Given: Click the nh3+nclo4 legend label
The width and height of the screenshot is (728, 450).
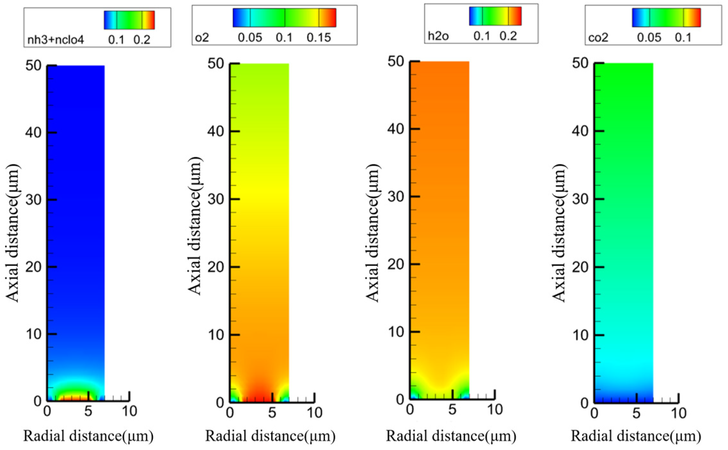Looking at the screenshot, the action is [x=56, y=40].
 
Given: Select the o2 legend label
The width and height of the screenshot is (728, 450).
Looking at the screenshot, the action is [x=202, y=38].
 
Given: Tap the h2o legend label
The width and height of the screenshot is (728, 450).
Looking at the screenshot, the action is [x=438, y=36].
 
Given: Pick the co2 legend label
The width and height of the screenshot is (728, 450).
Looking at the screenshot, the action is [x=598, y=38].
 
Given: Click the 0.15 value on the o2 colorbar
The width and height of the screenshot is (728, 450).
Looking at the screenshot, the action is [x=319, y=38].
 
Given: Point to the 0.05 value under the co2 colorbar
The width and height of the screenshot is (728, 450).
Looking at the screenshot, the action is [x=649, y=38].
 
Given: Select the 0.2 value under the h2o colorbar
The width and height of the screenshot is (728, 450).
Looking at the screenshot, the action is [x=508, y=36].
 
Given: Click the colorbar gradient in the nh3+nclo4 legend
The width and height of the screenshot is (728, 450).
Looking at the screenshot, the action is [x=129, y=20].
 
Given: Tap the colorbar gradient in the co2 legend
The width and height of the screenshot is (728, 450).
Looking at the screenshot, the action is [x=666, y=18].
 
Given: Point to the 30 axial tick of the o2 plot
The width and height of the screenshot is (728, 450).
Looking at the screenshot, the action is [x=216, y=199].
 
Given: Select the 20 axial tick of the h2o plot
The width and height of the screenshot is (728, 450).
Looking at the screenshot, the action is [x=396, y=264].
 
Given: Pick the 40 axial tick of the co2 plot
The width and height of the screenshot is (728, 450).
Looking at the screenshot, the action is [x=580, y=131].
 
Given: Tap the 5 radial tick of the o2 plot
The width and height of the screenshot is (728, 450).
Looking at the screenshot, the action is [x=272, y=413].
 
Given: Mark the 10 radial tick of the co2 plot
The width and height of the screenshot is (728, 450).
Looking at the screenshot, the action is [x=678, y=414].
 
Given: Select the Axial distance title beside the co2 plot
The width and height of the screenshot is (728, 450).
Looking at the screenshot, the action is [x=559, y=233].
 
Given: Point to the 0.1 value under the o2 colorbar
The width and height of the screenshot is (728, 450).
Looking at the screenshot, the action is [x=284, y=38].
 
